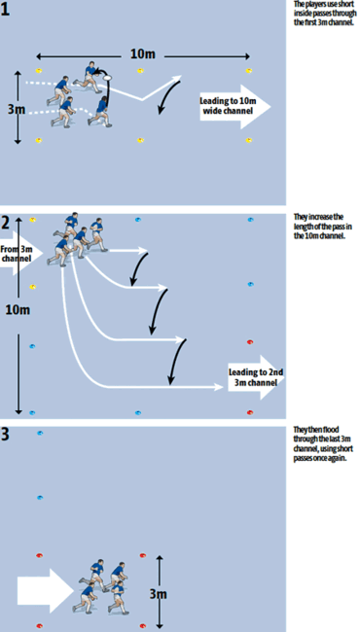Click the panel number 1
point(7,8)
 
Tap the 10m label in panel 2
point(14,310)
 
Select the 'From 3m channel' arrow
point(21,256)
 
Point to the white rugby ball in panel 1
point(109,72)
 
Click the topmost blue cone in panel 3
point(40,433)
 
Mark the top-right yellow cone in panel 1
point(249,70)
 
